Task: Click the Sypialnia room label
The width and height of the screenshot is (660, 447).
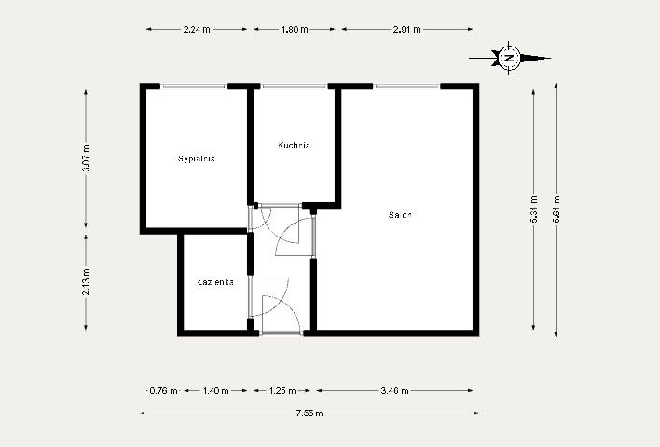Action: pos(197,159)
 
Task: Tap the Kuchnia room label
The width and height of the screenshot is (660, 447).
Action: pos(293,146)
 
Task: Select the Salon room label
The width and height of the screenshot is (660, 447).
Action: pos(400,215)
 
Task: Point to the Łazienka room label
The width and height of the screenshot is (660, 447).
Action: pos(215,281)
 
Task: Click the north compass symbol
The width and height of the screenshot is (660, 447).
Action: pos(509,58)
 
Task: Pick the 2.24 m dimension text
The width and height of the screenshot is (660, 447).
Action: pos(197,30)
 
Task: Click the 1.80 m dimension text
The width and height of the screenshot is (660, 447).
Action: pos(294,30)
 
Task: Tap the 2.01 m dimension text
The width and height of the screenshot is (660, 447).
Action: pos(407,30)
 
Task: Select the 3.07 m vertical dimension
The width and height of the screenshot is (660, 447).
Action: pos(87,159)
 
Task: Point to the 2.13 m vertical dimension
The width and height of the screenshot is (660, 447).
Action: pos(87,281)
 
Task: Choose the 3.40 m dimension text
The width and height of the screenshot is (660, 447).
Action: pos(396,391)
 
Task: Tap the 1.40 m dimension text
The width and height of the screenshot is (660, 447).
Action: pos(215,391)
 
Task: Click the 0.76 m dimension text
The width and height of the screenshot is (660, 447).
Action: pos(162,391)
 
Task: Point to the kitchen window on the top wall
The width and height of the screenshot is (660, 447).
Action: pos(293,88)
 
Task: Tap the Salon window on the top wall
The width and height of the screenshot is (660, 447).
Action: pos(406,88)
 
